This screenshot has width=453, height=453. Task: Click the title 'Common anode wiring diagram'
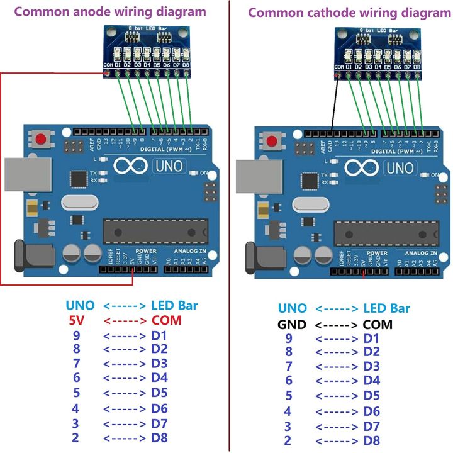tap(110, 11)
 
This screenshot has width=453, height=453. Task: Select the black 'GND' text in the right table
tap(291, 325)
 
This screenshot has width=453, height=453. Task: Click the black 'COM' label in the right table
tap(377, 325)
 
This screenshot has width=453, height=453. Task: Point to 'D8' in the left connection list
tap(160, 438)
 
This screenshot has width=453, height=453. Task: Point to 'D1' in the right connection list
tap(372, 339)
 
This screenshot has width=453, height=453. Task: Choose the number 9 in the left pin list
tap(76, 335)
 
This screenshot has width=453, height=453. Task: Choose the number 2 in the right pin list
tap(288, 440)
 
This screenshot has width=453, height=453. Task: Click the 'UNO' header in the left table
tap(81, 306)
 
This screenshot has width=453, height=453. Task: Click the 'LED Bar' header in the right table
tap(386, 308)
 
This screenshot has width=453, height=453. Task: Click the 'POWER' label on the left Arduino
tap(147, 252)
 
